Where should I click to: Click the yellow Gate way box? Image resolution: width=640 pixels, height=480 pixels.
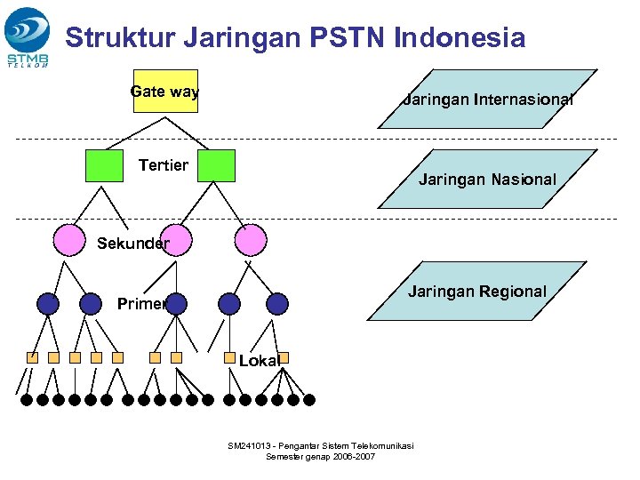click(165, 92)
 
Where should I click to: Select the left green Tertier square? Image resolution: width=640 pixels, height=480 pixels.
click(105, 165)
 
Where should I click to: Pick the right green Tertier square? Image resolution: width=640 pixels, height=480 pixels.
click(217, 165)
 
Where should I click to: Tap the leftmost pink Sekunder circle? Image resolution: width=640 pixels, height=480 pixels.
click(69, 239)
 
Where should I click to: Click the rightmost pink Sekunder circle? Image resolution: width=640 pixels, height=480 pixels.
click(251, 239)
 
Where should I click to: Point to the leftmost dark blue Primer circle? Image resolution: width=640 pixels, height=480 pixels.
click(48, 304)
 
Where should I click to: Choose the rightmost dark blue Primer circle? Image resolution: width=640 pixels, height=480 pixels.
click(277, 304)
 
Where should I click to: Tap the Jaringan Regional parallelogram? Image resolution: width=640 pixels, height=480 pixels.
click(477, 291)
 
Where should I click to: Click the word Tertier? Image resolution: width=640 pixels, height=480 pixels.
click(164, 165)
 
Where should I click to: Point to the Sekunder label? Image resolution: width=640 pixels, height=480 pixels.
click(132, 244)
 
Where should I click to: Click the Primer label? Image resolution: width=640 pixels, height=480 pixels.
click(141, 304)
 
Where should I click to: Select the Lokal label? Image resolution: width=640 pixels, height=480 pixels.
click(260, 360)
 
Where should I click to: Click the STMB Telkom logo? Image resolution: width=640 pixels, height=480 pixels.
click(28, 36)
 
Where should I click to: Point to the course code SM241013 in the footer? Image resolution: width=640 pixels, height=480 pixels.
click(252, 445)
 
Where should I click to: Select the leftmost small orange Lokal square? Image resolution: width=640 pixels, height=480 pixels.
click(32, 357)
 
